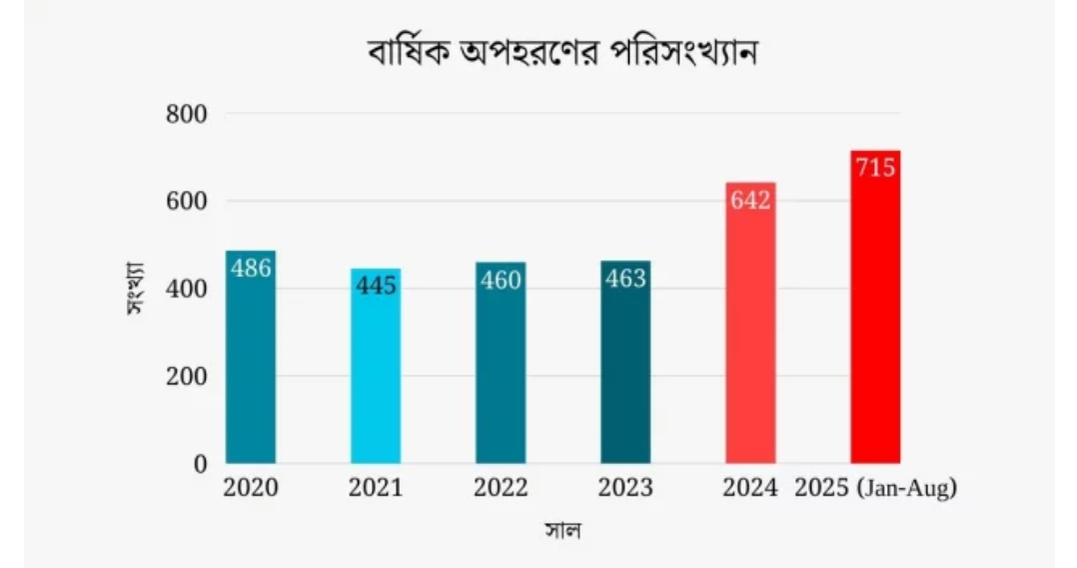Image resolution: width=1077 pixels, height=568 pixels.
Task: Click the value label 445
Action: click(376, 286)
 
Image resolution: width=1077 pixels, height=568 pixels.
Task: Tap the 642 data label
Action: click(750, 200)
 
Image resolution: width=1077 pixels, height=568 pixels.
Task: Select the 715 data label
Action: click(875, 168)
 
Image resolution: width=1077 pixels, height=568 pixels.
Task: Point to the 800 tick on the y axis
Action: click(186, 114)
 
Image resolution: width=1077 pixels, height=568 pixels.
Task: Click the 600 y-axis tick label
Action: click(186, 201)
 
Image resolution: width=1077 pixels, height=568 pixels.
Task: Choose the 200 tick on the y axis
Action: click(186, 376)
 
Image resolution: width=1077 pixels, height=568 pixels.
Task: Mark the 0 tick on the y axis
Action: click(199, 464)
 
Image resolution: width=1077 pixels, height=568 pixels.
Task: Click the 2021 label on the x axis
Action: click(376, 489)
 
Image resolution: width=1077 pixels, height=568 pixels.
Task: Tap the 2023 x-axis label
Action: click(625, 489)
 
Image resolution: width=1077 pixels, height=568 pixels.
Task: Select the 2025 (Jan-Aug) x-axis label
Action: click(875, 489)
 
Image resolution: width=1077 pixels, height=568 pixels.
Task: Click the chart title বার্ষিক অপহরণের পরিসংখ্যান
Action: click(562, 52)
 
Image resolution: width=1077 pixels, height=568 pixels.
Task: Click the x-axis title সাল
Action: click(562, 529)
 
